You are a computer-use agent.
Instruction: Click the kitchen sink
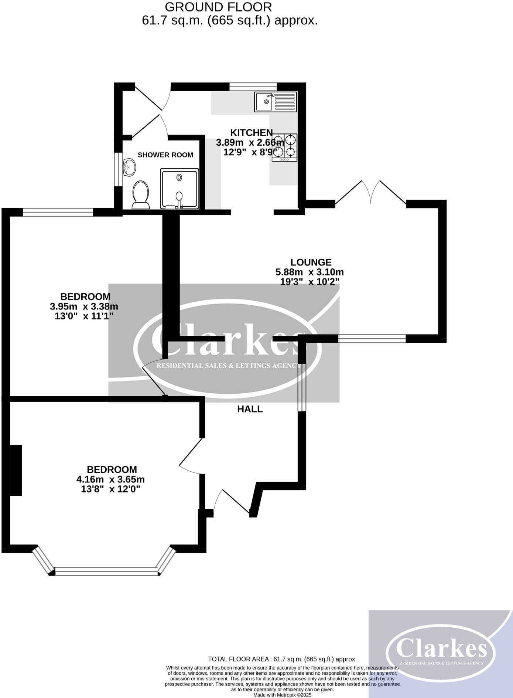(275, 102)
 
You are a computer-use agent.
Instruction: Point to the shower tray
(179, 189)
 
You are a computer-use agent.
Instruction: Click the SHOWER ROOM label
(165, 155)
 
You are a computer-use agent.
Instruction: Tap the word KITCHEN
(251, 132)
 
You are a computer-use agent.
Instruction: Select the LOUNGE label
(311, 262)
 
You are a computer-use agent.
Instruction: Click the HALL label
(250, 409)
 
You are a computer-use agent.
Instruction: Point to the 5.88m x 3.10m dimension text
(309, 272)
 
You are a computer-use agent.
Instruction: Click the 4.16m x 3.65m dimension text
(110, 480)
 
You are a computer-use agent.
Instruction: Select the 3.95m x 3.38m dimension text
(84, 306)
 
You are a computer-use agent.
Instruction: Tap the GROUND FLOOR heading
(218, 7)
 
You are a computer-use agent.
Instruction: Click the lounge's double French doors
(370, 192)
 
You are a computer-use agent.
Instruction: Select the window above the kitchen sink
(253, 87)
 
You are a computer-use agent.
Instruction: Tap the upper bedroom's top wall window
(58, 212)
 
